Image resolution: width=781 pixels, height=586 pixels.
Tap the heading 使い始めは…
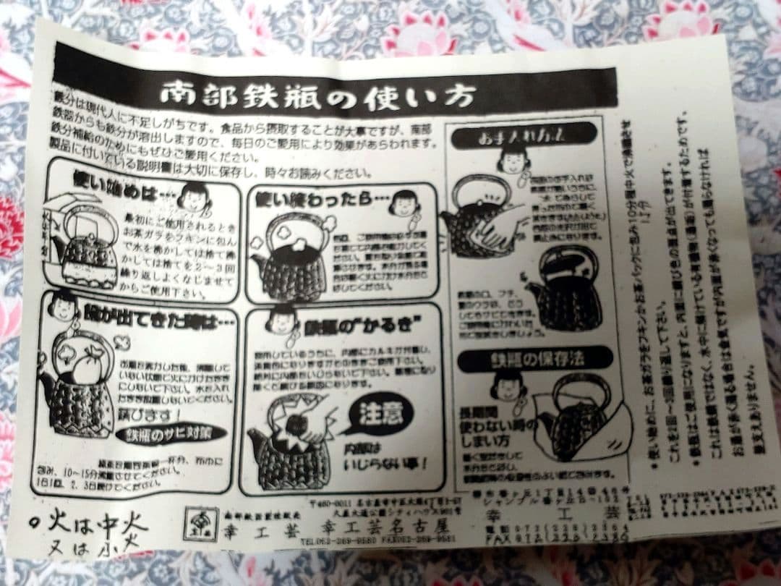click(120, 178)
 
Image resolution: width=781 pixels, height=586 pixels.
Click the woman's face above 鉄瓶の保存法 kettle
click(509, 387)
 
